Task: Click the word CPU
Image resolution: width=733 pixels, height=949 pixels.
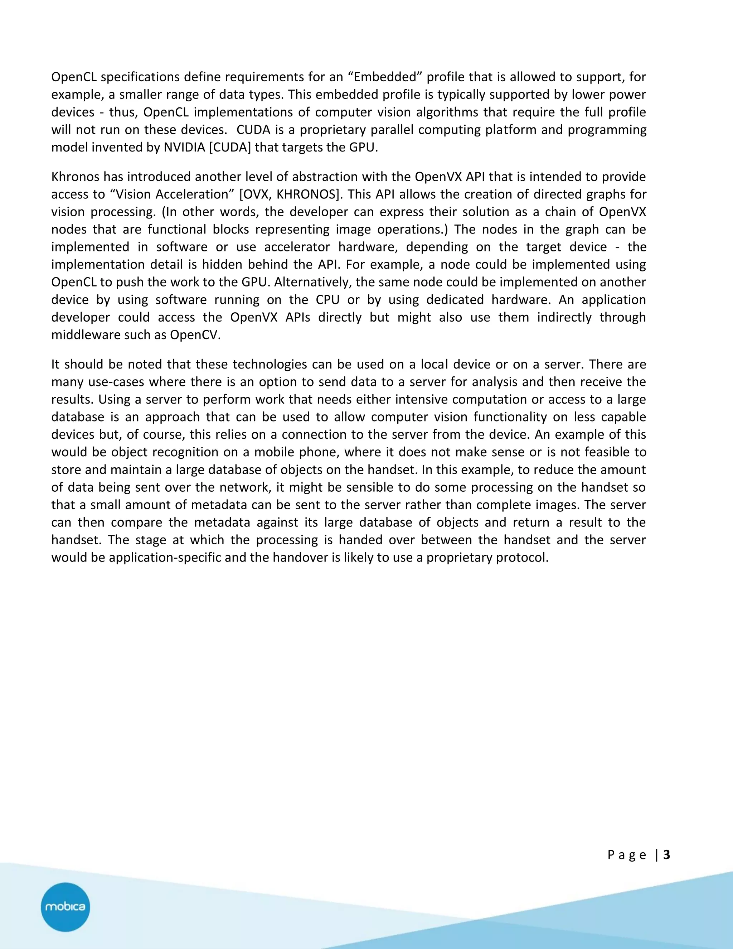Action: tap(327, 300)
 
